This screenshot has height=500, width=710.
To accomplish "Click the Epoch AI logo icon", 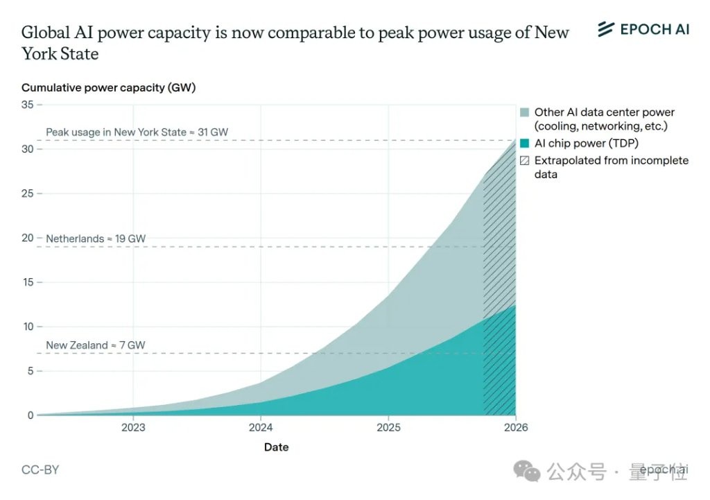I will pos(606,28).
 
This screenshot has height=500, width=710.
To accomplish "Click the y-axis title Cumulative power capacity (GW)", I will pos(109,87).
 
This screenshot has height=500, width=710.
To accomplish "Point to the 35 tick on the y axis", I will pos(28,105).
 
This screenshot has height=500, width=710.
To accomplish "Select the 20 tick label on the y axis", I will pos(28,238).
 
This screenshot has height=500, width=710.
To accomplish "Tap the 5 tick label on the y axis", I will pos(30,371).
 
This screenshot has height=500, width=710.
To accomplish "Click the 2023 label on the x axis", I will pos(133,427).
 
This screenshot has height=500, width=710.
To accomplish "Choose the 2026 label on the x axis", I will pos(515,427).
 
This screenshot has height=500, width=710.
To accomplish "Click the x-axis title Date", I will pos(276,447).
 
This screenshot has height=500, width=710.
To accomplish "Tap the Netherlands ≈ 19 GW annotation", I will pos(96,239).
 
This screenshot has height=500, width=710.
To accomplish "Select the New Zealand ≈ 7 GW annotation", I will pos(96,345).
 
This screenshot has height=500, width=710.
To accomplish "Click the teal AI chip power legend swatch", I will pos(525,144).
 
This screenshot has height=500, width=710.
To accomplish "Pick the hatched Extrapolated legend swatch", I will pos(525,160).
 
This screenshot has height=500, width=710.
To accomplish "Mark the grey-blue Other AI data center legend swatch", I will pos(525,112).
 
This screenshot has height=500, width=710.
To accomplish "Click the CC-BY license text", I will pos(40,469).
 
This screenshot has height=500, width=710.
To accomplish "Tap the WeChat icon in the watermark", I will pos(532,472).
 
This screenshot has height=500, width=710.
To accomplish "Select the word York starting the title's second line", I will pos(40,53).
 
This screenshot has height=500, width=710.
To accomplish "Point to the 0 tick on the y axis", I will pos(30,415).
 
